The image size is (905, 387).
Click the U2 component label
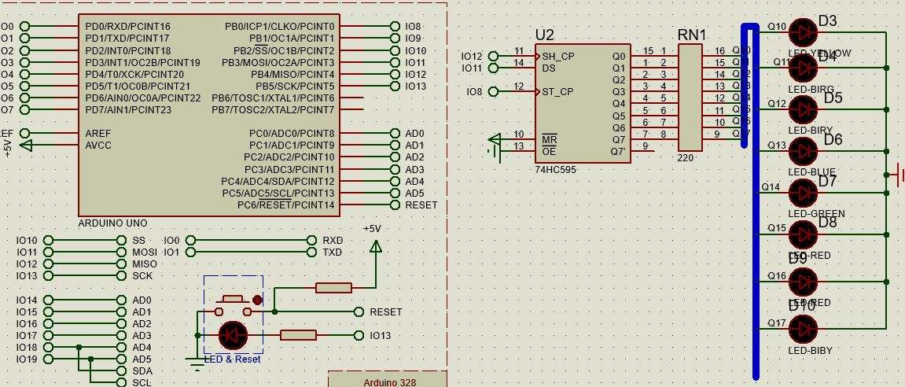pos(544,35)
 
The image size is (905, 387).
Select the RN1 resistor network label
pos(692,35)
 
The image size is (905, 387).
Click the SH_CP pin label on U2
pos(558,57)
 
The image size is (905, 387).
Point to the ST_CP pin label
pos(557,92)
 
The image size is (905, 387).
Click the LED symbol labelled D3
pos(803,31)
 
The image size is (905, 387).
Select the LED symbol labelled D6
pos(803,149)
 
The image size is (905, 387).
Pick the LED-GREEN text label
pos(816,214)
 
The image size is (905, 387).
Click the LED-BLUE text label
pos(811,172)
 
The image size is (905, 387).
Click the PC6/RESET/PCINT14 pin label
pos(286,205)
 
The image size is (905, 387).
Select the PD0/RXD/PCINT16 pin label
pos(127,27)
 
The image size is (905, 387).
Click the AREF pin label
pos(98,134)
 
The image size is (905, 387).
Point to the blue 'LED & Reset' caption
pos(232,359)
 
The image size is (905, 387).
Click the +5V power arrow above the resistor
pos(375,246)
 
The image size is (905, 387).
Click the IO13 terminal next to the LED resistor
pos(380,336)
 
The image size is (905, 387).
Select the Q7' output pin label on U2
pos(619,151)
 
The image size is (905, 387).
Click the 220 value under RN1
pos(685,158)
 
